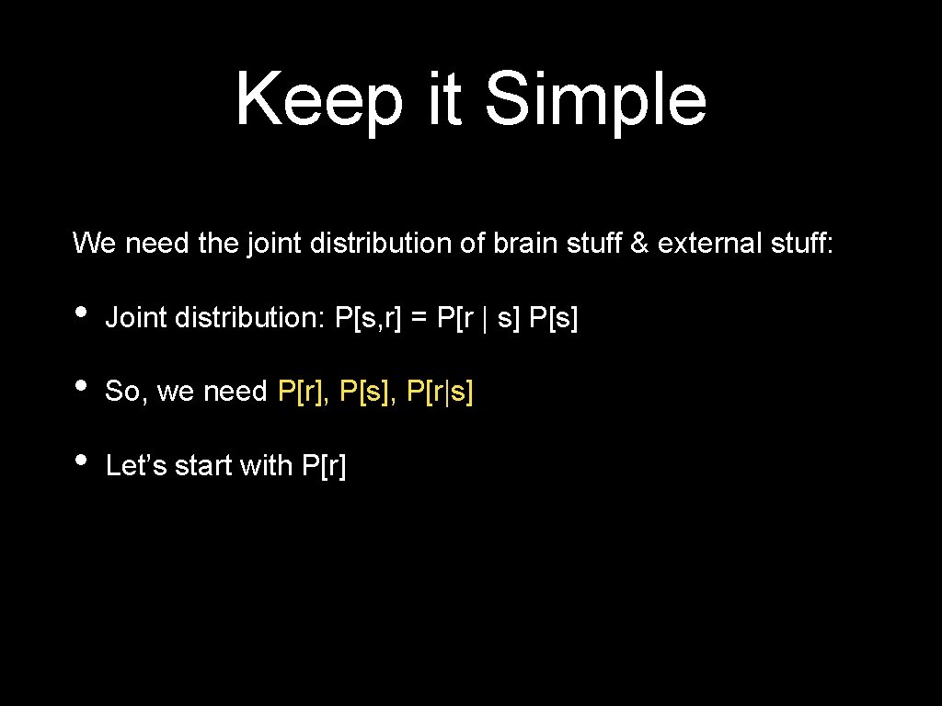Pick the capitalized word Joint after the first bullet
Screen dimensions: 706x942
point(135,318)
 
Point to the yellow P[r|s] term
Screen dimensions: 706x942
point(439,392)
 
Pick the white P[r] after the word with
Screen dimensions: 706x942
point(324,466)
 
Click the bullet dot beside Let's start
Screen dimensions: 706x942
point(82,459)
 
